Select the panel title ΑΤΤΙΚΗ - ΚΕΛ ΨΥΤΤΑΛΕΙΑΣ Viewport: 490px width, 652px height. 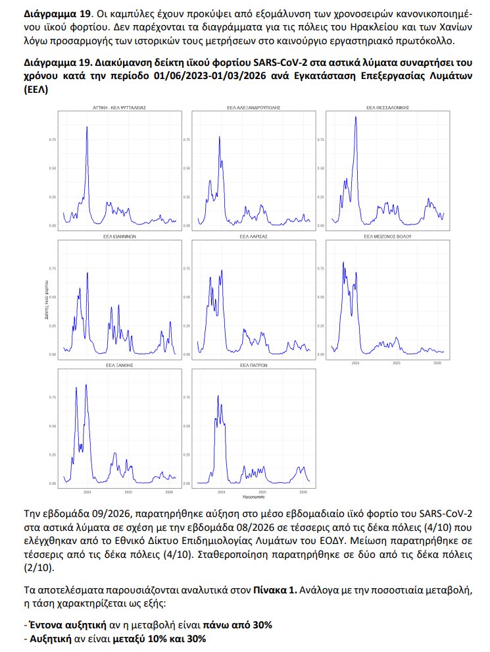pos(118,107)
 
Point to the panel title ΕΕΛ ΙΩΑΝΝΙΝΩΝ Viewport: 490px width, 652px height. pos(118,235)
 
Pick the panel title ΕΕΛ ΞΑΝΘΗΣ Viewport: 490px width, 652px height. pos(118,364)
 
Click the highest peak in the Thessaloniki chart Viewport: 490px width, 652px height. pos(356,117)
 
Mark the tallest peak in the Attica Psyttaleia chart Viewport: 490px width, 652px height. pos(87,126)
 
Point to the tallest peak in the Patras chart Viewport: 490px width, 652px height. pos(217,396)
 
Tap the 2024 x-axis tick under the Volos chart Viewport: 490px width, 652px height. pos(356,363)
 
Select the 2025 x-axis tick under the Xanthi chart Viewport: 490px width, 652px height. pos(128,492)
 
